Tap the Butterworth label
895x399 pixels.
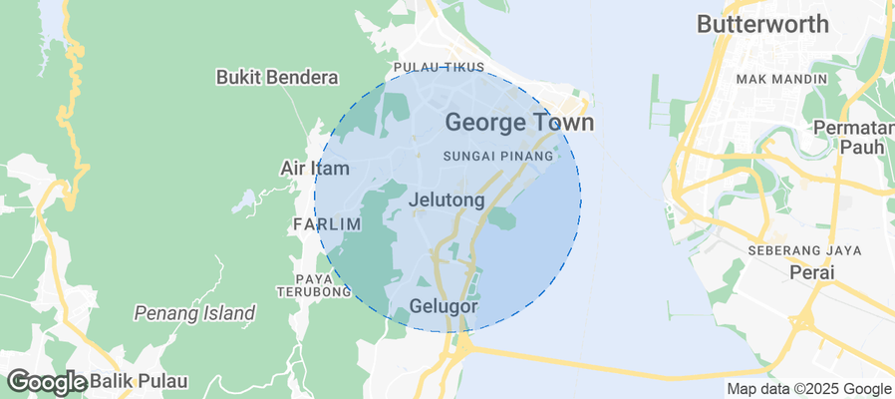click(762, 24)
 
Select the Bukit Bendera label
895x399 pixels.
click(277, 77)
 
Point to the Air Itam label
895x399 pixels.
click(314, 168)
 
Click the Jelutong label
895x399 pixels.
click(447, 199)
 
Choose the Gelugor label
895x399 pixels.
click(444, 306)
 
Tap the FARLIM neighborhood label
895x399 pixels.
click(327, 224)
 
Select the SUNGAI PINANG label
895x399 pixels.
click(497, 157)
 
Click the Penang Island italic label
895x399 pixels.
click(194, 313)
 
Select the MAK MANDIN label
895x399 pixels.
click(781, 79)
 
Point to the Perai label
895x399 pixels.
click(810, 271)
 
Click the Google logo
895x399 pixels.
click(46, 381)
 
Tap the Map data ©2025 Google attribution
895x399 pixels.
click(808, 389)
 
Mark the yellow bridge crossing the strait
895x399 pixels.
click(598, 365)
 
